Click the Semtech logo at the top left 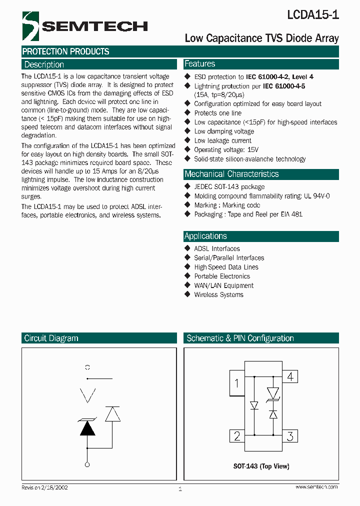[85, 26]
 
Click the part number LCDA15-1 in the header [312, 15]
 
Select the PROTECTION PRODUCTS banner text [65, 51]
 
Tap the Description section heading [44, 64]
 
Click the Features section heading [199, 64]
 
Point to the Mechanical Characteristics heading [231, 174]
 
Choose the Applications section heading [205, 236]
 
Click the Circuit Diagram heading [51, 338]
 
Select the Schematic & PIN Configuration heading [240, 338]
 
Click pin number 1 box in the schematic [236, 384]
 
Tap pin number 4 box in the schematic [290, 376]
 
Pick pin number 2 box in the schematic [237, 435]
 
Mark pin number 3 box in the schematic [290, 435]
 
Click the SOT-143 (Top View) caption [261, 466]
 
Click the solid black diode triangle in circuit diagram [87, 428]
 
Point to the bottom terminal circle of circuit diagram [87, 465]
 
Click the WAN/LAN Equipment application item [223, 285]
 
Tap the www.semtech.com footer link [316, 487]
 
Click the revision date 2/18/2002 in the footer [52, 487]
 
